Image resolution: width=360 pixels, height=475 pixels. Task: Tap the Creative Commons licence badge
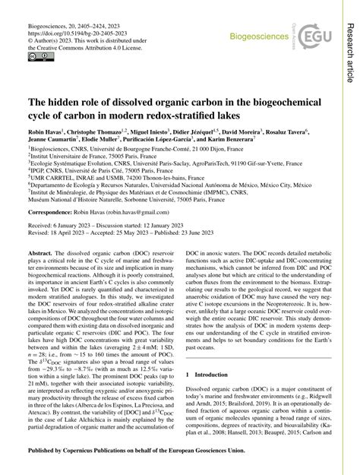pos(35,57)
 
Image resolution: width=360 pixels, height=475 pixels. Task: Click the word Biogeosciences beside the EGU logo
pos(251,34)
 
